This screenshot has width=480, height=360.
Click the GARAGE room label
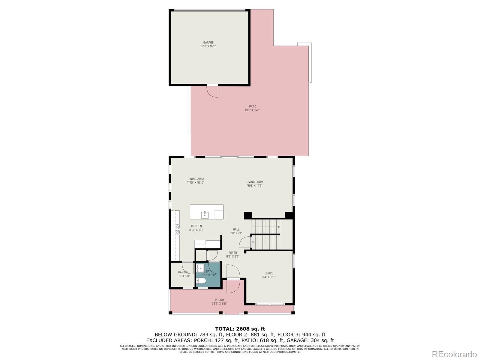[208, 43]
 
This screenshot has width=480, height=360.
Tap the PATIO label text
[253, 106]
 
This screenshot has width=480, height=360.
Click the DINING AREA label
[196, 179]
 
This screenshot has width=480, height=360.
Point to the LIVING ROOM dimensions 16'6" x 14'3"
[255, 186]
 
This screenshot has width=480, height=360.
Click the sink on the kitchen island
[205, 214]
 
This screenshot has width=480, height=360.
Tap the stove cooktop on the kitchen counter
[178, 229]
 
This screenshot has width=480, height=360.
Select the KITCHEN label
[196, 226]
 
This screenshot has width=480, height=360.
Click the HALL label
[236, 229]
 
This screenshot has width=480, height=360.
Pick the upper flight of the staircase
[265, 227]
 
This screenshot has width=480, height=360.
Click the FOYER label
[232, 253]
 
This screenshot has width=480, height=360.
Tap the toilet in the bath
[201, 281]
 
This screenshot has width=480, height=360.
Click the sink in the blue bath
[200, 268]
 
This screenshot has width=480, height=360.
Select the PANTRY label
[183, 272]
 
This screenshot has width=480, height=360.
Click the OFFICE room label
[269, 273]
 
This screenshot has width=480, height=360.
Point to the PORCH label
[219, 300]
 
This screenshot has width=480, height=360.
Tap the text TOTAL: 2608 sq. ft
[240, 329]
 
